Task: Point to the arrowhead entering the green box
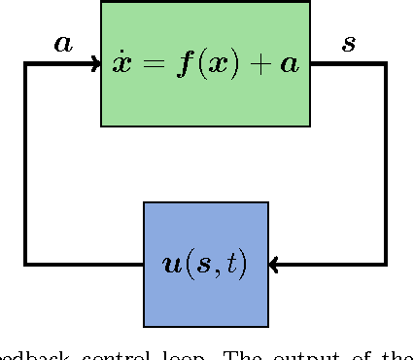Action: pos(95,64)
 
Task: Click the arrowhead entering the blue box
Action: pos(275,264)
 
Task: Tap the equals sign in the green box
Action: pos(152,66)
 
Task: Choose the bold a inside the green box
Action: pos(291,66)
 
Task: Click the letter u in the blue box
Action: pos(171,265)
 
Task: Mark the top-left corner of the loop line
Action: pos(26,64)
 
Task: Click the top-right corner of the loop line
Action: pos(385,64)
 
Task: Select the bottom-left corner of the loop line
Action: pos(26,264)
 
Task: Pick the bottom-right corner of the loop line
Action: pos(385,264)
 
